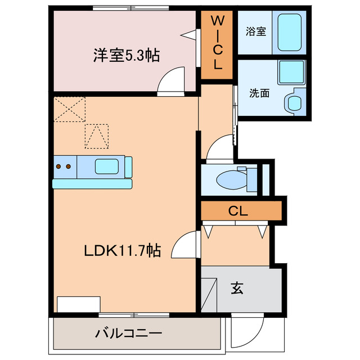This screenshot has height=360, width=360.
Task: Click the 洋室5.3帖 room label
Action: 125,55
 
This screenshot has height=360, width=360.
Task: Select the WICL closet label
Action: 217,43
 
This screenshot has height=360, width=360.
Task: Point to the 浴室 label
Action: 256,32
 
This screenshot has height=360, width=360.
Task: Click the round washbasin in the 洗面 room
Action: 294,102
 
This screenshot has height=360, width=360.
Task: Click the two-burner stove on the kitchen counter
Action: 64,166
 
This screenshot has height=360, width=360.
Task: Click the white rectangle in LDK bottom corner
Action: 78,304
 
